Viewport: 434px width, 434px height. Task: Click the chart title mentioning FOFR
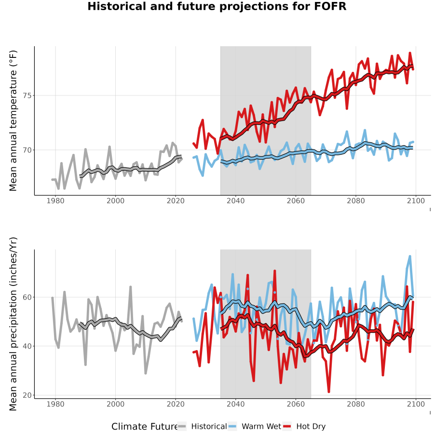(x=217, y=6)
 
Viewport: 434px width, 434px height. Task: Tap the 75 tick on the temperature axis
(x=27, y=96)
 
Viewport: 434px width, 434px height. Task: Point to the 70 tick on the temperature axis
(x=27, y=150)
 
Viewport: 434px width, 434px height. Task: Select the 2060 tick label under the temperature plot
(x=296, y=201)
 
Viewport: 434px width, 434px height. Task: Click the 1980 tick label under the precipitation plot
(x=55, y=404)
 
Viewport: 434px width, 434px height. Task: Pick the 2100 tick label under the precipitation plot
(x=416, y=404)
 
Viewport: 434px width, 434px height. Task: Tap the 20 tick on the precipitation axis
(x=27, y=395)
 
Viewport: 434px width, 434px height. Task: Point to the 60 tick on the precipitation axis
(x=27, y=297)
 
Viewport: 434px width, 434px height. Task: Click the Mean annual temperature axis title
(x=13, y=121)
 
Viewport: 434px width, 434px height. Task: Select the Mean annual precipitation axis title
(x=13, y=324)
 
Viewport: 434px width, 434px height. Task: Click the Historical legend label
(x=209, y=427)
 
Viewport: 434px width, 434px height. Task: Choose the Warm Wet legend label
(x=261, y=427)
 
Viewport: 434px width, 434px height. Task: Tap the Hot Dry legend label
(x=311, y=427)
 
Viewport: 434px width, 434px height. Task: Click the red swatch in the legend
(x=287, y=427)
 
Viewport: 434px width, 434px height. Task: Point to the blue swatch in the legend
(x=232, y=427)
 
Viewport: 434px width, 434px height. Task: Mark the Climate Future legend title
(x=145, y=427)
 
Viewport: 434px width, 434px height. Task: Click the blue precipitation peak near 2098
(x=410, y=257)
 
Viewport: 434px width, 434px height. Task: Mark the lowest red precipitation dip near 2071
(x=329, y=392)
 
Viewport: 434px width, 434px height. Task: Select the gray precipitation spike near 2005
(x=131, y=287)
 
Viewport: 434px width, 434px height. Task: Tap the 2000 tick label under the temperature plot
(x=115, y=201)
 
